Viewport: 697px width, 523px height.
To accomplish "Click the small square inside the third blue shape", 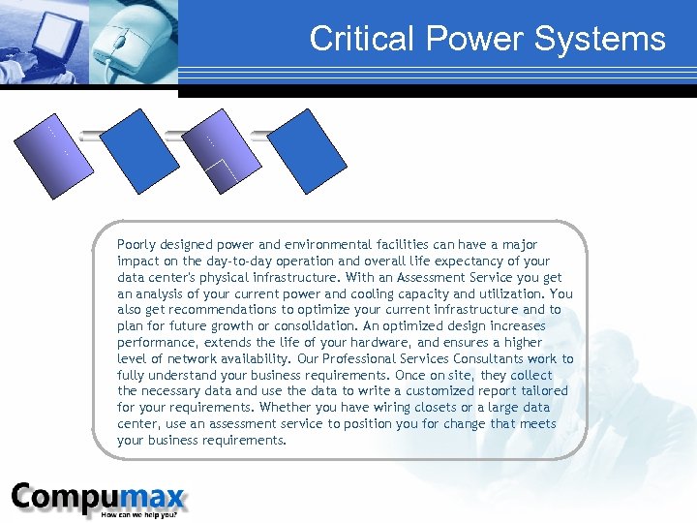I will pyautogui.click(x=224, y=172).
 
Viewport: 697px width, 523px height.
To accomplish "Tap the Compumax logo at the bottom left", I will pyautogui.click(x=98, y=498).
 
